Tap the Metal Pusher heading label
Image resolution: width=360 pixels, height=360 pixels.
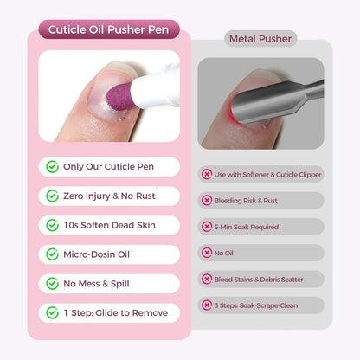point(260,38)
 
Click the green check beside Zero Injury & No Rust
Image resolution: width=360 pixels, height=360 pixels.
point(53,196)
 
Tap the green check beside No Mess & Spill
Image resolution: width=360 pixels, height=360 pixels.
point(53,283)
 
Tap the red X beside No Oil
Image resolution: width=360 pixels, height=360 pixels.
point(207,253)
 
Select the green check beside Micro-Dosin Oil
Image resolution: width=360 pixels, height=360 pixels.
point(53,254)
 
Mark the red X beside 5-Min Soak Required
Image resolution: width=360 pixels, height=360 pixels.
point(207,226)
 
